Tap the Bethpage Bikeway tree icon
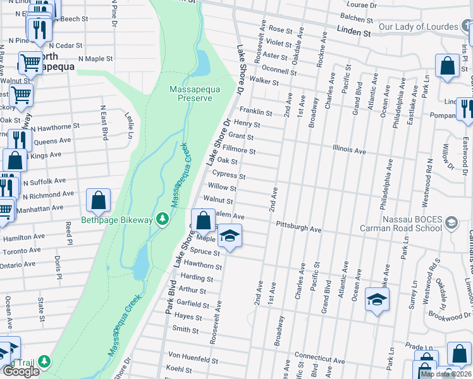[163, 219]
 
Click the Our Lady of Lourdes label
[418, 27]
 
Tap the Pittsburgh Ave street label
[299, 226]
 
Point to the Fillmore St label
[238, 150]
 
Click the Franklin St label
[255, 112]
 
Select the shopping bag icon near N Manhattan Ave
[99, 201]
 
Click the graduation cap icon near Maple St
[230, 237]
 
